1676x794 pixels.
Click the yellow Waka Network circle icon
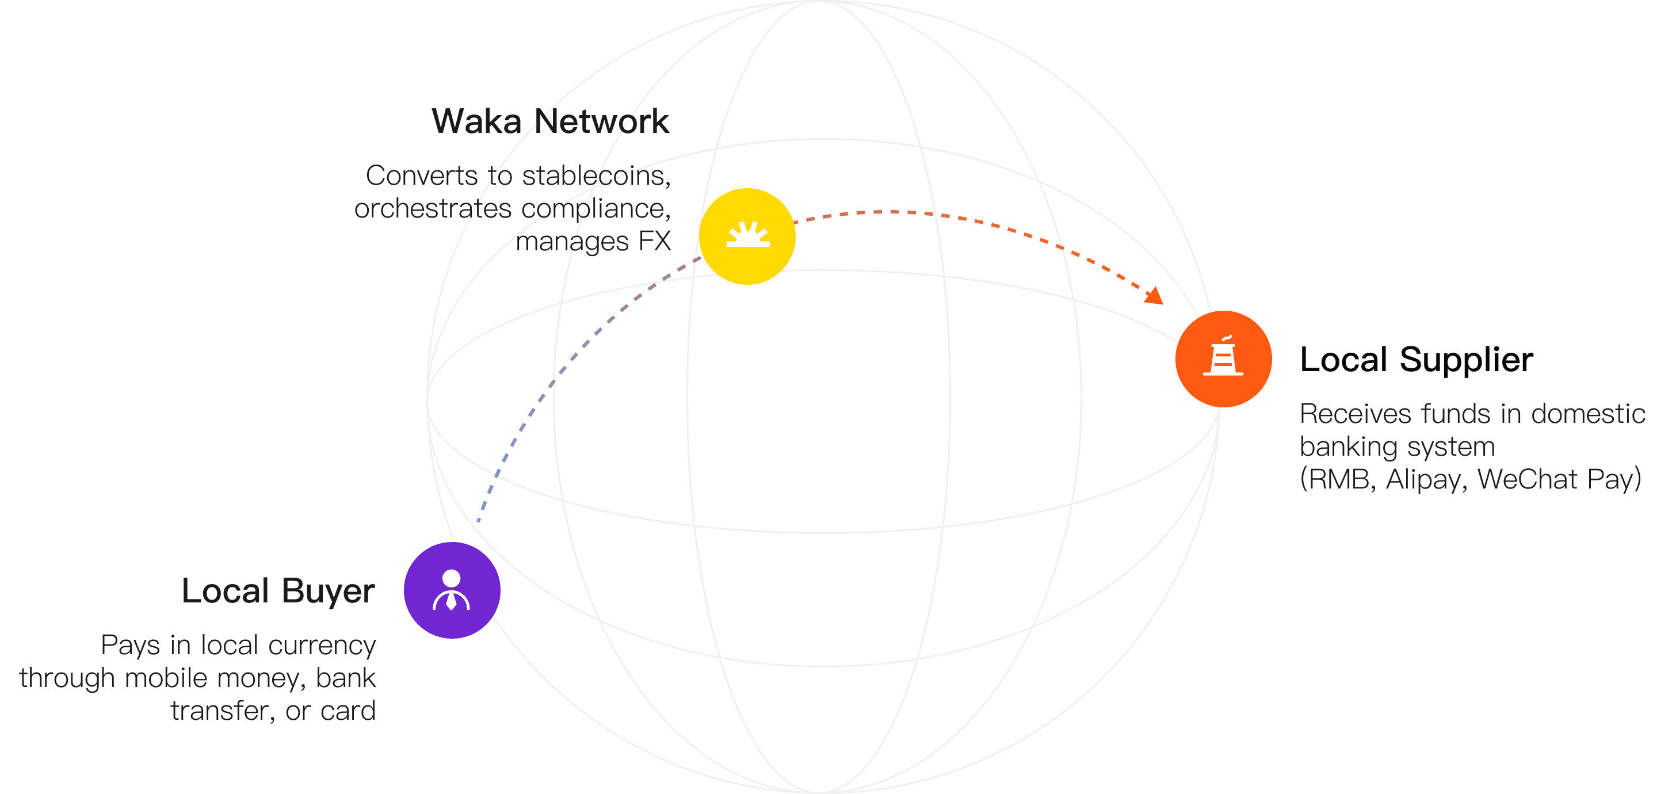point(747,236)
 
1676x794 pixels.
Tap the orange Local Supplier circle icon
point(1223,358)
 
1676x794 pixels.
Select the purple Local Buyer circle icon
point(452,590)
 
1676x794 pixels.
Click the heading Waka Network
point(551,122)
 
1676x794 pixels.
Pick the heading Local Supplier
point(1417,360)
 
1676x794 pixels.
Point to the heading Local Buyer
point(278,591)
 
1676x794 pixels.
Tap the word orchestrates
point(433,209)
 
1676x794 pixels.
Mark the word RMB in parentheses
point(1340,480)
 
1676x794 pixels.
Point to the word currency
point(322,646)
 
